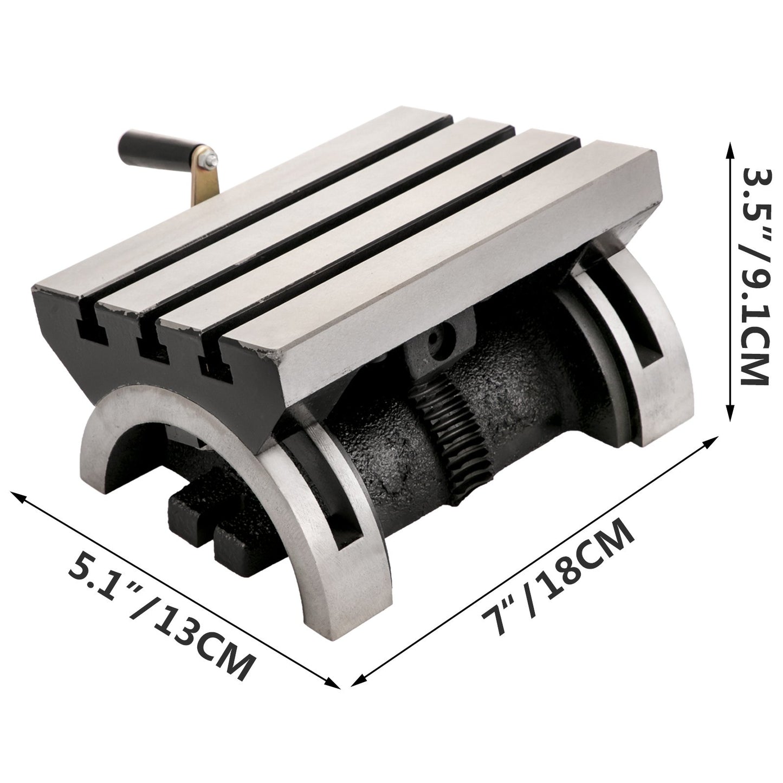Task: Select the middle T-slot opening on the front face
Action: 149,347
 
